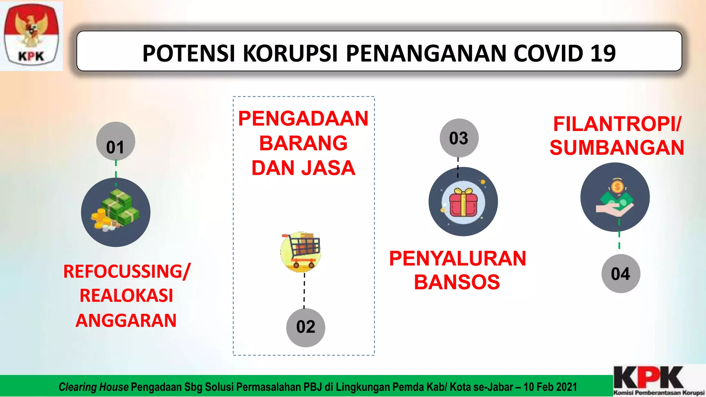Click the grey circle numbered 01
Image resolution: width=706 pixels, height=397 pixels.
(115, 141)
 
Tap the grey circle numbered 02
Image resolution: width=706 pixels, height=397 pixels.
(305, 327)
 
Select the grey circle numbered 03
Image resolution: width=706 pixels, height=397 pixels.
(459, 138)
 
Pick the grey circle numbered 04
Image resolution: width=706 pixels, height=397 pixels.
(621, 274)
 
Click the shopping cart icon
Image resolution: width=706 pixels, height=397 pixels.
(301, 252)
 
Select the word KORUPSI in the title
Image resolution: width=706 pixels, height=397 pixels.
(290, 54)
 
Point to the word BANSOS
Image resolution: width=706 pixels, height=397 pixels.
(457, 282)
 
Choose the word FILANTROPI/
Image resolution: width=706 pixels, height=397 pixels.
(617, 124)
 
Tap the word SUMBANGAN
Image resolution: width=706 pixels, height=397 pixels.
(617, 148)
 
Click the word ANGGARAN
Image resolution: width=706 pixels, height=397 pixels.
(126, 320)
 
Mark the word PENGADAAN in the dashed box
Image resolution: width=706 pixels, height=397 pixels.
(303, 119)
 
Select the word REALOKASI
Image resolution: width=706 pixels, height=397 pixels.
(126, 296)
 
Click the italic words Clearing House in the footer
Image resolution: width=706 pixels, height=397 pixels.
(93, 387)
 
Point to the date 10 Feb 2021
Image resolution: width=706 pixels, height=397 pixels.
(550, 387)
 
